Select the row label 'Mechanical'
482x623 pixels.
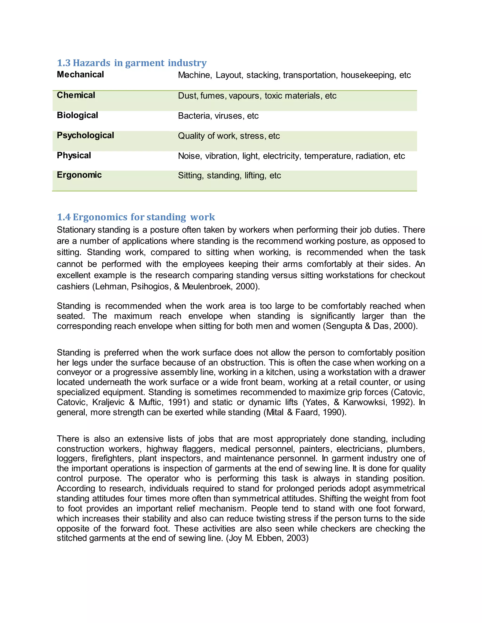80,75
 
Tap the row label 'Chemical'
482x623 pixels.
76,95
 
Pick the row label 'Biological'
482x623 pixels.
77,115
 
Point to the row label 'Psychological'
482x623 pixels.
85,135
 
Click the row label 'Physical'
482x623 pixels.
74,155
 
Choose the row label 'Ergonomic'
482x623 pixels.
79,175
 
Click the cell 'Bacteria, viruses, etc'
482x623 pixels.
218,116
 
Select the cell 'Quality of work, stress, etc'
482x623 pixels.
229,136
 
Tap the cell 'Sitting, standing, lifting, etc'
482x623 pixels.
229,175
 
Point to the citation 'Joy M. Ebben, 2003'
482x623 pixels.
267,538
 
